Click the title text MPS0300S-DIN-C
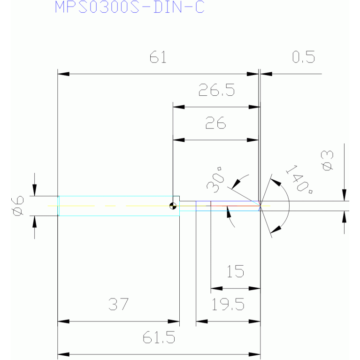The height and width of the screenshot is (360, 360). click(130, 7)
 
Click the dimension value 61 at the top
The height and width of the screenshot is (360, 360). click(158, 57)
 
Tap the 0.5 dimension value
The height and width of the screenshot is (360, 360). click(304, 57)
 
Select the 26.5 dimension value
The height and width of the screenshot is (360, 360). click(216, 90)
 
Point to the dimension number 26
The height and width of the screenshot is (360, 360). click(215, 123)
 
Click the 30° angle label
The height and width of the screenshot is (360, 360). click(215, 180)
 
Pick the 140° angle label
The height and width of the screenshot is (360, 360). click(299, 179)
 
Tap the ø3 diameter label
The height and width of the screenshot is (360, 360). click(328, 161)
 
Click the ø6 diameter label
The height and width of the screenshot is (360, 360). click(17, 206)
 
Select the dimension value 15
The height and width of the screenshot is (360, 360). click(235, 271)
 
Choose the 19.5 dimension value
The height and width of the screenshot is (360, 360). click(228, 304)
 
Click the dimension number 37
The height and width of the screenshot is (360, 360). click(118, 304)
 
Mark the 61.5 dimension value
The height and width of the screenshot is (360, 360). click(159, 337)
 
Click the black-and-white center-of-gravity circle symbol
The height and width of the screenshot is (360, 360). click(173, 206)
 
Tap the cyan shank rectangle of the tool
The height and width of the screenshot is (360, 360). click(118, 206)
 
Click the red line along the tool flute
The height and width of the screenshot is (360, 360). click(235, 206)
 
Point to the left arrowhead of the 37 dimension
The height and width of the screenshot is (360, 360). click(63, 322)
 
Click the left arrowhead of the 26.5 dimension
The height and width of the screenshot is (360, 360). click(179, 107)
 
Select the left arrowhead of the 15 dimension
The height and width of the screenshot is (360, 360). click(216, 288)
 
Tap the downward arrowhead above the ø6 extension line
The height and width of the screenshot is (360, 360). click(34, 190)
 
